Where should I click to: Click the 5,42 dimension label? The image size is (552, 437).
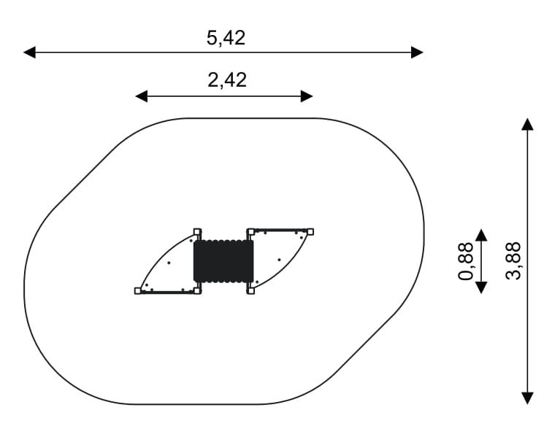click(x=226, y=38)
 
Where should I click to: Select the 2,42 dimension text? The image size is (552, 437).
click(x=227, y=80)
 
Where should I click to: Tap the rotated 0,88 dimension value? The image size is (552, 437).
click(x=466, y=261)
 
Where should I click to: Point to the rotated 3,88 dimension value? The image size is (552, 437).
click(x=513, y=260)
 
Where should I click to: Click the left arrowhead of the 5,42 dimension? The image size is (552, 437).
click(x=29, y=53)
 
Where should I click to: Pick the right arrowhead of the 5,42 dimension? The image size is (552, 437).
click(x=417, y=53)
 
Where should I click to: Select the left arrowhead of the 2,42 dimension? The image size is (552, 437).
click(x=142, y=96)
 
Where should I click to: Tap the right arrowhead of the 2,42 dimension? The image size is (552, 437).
click(x=307, y=96)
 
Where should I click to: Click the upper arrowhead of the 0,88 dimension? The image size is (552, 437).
click(x=481, y=235)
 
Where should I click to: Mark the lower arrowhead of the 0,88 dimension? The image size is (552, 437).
click(x=481, y=287)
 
